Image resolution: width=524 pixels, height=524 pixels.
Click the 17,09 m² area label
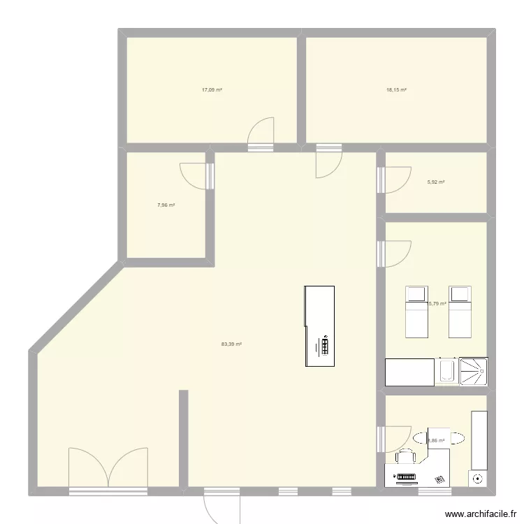tap(212, 90)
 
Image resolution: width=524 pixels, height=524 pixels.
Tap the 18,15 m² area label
tap(396, 90)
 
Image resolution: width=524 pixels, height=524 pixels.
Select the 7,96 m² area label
tap(166, 205)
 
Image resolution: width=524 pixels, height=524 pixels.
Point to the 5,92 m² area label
tap(436, 182)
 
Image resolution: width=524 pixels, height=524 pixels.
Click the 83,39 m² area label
tap(231, 344)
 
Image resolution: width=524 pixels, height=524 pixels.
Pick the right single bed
tap(459, 310)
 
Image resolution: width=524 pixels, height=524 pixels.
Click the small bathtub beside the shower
tap(447, 371)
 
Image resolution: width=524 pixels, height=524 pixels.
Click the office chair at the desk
tap(406, 457)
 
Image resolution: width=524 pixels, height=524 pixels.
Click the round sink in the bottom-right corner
tap(478, 479)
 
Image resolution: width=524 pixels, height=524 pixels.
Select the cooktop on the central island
tap(325, 346)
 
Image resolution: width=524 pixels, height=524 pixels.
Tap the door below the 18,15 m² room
tap(326, 163)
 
